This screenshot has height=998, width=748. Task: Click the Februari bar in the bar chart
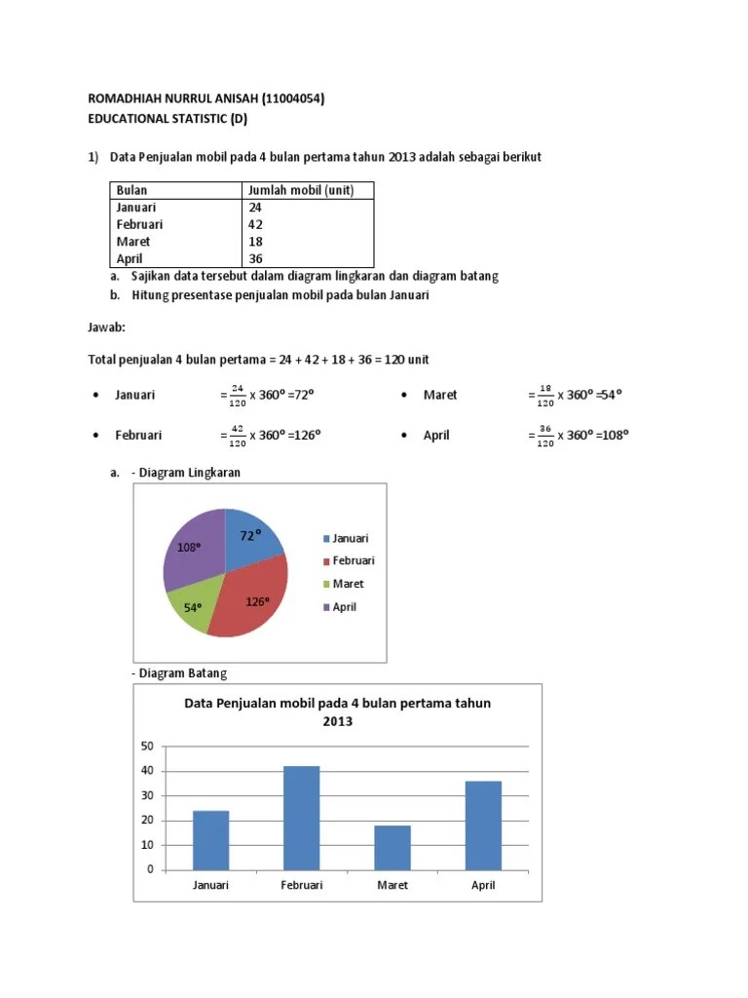[301, 818]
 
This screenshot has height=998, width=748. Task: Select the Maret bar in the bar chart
[393, 847]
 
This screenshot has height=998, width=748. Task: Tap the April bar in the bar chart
[483, 825]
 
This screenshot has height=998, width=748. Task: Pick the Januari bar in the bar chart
[210, 840]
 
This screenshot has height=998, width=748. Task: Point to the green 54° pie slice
[189, 609]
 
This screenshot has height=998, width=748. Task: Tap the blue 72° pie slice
[251, 535]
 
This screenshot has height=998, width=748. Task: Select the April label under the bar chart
[483, 885]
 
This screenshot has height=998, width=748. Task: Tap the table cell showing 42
[255, 224]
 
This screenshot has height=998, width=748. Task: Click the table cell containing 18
[255, 242]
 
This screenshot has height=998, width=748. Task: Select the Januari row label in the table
[135, 208]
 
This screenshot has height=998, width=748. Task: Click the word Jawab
[107, 328]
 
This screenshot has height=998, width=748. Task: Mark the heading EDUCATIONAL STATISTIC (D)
[168, 120]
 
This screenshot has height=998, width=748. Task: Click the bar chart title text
[337, 711]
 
